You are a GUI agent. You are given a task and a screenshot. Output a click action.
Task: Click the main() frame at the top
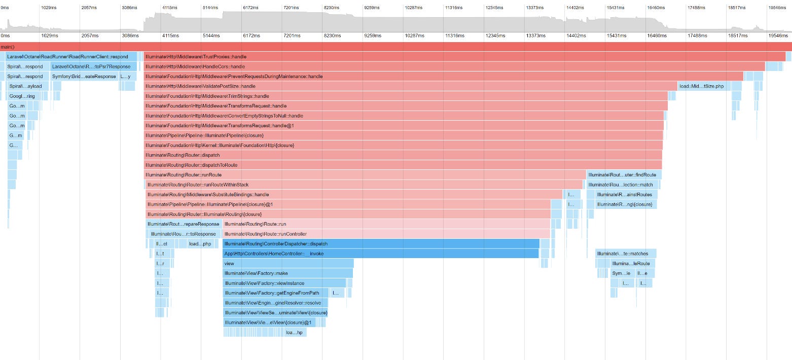coord(395,47)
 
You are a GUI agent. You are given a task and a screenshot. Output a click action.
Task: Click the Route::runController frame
coord(386,234)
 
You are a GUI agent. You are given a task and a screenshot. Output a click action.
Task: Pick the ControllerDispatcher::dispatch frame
coord(381,243)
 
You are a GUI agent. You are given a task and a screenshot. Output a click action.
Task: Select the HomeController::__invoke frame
coord(380,254)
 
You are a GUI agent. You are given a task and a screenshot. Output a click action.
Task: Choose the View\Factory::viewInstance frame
coord(284,283)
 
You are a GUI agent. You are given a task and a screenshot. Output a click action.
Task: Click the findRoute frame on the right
coord(624,175)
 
